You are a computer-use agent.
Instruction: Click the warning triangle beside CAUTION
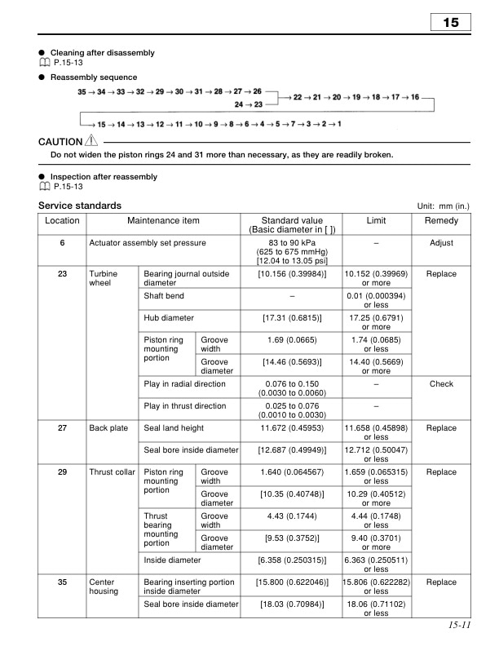click(91, 141)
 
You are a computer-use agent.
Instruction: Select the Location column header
click(62, 221)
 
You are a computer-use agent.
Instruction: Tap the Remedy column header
click(441, 221)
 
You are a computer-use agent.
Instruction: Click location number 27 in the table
click(62, 428)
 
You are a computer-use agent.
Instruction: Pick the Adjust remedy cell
click(441, 243)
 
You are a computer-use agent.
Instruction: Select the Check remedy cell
click(441, 384)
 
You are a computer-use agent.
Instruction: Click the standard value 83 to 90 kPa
click(291, 243)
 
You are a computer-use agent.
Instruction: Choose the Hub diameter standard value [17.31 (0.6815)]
click(291, 317)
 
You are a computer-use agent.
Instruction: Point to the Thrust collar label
click(112, 472)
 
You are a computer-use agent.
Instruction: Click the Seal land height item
click(174, 428)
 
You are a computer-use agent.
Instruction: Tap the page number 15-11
click(459, 626)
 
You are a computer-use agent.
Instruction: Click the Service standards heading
click(80, 206)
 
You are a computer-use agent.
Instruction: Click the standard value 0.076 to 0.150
click(291, 384)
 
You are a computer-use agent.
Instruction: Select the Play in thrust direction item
click(185, 406)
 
